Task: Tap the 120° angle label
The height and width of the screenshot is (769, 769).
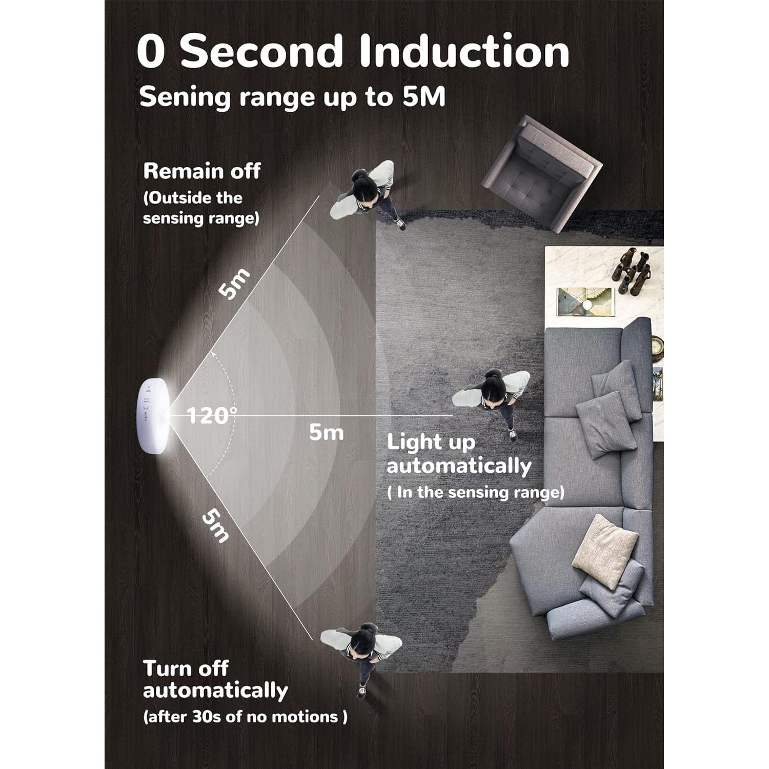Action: pyautogui.click(x=212, y=415)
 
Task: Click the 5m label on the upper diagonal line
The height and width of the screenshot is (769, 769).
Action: pyautogui.click(x=234, y=284)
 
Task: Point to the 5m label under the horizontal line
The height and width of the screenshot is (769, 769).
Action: pyautogui.click(x=326, y=433)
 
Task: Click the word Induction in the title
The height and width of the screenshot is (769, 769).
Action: pyautogui.click(x=464, y=51)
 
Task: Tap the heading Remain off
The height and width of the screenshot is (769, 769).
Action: pyautogui.click(x=202, y=171)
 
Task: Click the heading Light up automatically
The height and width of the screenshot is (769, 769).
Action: pyautogui.click(x=458, y=454)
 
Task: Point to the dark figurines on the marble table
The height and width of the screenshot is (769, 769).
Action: pyautogui.click(x=631, y=271)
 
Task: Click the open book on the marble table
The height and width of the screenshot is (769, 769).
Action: pyautogui.click(x=585, y=302)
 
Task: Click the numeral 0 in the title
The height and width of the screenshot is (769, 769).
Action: pyautogui.click(x=151, y=51)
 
